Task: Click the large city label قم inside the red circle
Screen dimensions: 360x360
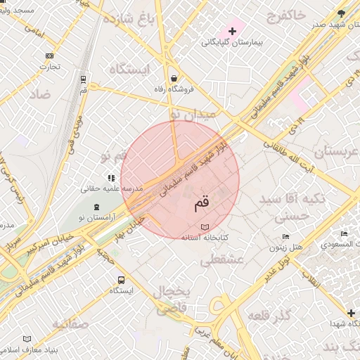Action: [201, 203]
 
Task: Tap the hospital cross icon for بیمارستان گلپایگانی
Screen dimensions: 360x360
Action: [232, 32]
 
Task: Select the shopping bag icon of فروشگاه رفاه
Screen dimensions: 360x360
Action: [174, 78]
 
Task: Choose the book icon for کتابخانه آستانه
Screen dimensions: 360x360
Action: [205, 227]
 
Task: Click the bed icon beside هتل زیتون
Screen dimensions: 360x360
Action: [285, 237]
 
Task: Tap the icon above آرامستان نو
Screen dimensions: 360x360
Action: [96, 207]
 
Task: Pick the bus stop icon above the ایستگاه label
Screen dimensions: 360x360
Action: [122, 279]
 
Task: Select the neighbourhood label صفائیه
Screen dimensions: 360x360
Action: [70, 324]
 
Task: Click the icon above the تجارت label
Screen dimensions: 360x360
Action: [49, 56]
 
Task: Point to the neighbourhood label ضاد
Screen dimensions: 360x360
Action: [40, 94]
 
